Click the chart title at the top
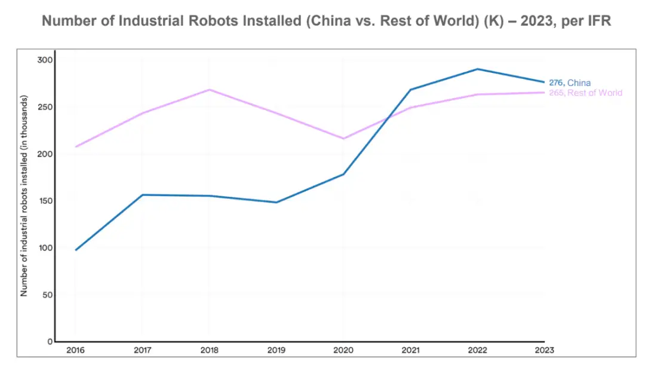tap(326, 20)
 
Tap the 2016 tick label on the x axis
tap(75, 350)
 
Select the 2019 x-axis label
tap(276, 350)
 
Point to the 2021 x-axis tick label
tap(410, 350)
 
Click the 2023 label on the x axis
tap(544, 350)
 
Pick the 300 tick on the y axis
tap(45, 60)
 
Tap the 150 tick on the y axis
tap(45, 201)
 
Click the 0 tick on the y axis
tap(50, 341)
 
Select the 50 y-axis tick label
tap(47, 295)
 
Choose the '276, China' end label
tap(570, 83)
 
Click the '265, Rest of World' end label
tap(585, 93)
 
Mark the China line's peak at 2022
tap(477, 69)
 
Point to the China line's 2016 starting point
tap(76, 250)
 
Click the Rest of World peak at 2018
tap(209, 90)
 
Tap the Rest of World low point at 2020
tap(343, 139)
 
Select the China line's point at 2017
tap(142, 195)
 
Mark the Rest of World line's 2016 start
tap(76, 146)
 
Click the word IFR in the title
tap(597, 20)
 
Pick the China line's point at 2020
tap(343, 174)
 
